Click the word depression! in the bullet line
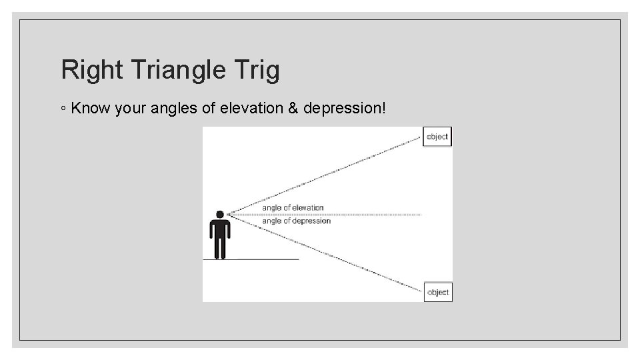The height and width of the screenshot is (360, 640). coord(344,108)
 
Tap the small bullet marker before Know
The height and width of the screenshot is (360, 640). coord(63,109)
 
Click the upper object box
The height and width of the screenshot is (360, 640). coord(437,137)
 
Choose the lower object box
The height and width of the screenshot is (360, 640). coord(437,292)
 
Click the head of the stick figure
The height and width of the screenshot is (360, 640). coord(219,215)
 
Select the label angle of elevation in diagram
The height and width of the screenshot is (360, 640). coord(293,208)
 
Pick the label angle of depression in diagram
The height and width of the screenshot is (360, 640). coord(296,221)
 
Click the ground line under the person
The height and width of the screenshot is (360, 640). coord(267,259)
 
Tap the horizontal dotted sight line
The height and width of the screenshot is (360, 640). coord(373,215)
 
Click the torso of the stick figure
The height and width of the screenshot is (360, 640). coord(219,228)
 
